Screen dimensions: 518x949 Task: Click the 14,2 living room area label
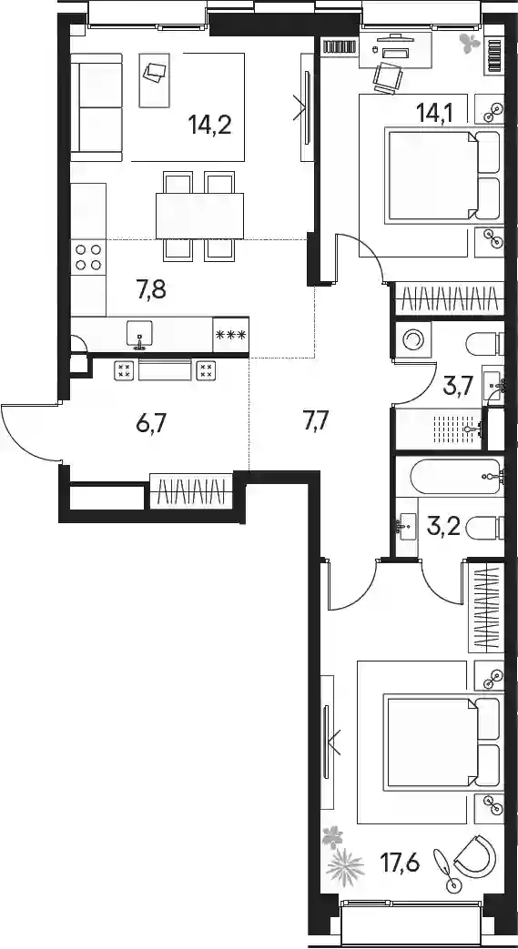(210, 126)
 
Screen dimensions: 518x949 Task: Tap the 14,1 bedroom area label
(435, 111)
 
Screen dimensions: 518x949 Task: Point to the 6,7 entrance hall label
(151, 422)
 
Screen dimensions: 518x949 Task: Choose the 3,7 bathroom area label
(457, 386)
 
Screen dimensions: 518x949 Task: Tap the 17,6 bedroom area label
(401, 861)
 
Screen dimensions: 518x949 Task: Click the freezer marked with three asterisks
(231, 334)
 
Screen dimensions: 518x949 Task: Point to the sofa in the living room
(96, 107)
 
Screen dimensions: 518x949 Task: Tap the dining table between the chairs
(200, 216)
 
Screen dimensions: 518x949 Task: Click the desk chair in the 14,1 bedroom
(389, 77)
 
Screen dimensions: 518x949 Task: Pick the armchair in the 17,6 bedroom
(477, 854)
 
